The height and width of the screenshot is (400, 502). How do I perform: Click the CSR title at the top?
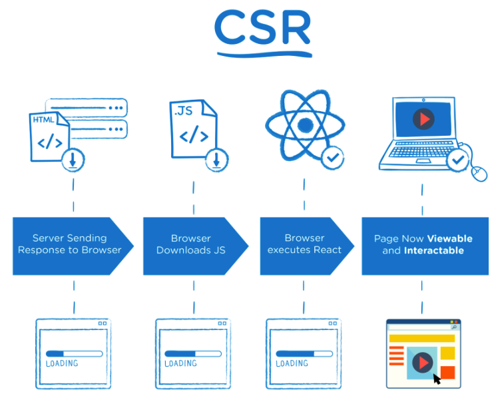pos(262,29)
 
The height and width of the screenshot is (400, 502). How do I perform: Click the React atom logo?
pos(305,125)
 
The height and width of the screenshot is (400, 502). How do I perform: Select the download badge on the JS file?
pos(215,159)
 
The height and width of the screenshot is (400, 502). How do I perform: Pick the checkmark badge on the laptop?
pos(457,160)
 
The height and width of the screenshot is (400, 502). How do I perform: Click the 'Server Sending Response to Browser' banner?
pos(70,244)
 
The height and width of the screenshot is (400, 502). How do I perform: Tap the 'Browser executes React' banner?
pos(304,244)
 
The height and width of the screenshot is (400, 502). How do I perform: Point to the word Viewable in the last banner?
pos(449,238)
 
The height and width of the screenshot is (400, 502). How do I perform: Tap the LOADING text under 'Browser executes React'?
pos(292,364)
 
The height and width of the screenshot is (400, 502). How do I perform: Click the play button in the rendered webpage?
pos(422,363)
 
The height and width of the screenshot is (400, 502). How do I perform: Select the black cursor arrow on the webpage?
pos(437,379)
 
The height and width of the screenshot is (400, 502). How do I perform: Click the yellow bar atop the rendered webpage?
pos(421,338)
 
